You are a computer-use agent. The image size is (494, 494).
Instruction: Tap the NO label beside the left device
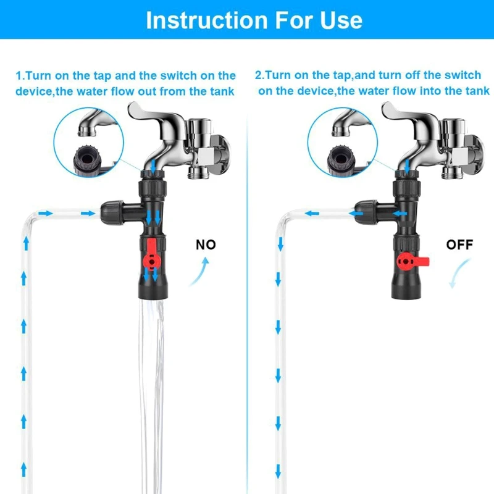click(x=206, y=245)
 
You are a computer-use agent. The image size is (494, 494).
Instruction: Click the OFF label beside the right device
click(x=459, y=245)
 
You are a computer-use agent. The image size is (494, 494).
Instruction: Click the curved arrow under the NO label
click(x=199, y=272)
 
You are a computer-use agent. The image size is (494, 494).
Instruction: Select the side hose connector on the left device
click(x=114, y=213)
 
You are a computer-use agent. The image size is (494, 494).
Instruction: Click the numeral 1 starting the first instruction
click(x=19, y=76)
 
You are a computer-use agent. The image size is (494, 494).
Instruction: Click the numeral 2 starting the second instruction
click(x=259, y=75)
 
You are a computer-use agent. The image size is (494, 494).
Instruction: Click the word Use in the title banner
click(x=339, y=20)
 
